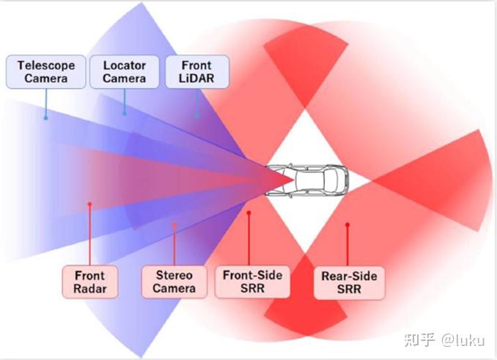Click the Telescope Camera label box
click(45, 71)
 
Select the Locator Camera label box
click(124, 71)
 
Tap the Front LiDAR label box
click(196, 71)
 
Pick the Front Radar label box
click(90, 282)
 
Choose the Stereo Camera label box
click(174, 282)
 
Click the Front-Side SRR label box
click(251, 282)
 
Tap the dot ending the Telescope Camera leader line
click(45, 117)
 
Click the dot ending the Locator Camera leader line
click(125, 113)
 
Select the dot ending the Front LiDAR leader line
click(197, 115)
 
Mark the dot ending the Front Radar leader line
click(89, 204)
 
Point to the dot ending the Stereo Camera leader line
click(174, 224)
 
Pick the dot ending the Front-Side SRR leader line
click(249, 213)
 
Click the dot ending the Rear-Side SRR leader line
click(347, 225)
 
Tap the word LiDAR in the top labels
click(196, 78)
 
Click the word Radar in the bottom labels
click(90, 289)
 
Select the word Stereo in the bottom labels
click(174, 275)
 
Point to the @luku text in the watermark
click(464, 339)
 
